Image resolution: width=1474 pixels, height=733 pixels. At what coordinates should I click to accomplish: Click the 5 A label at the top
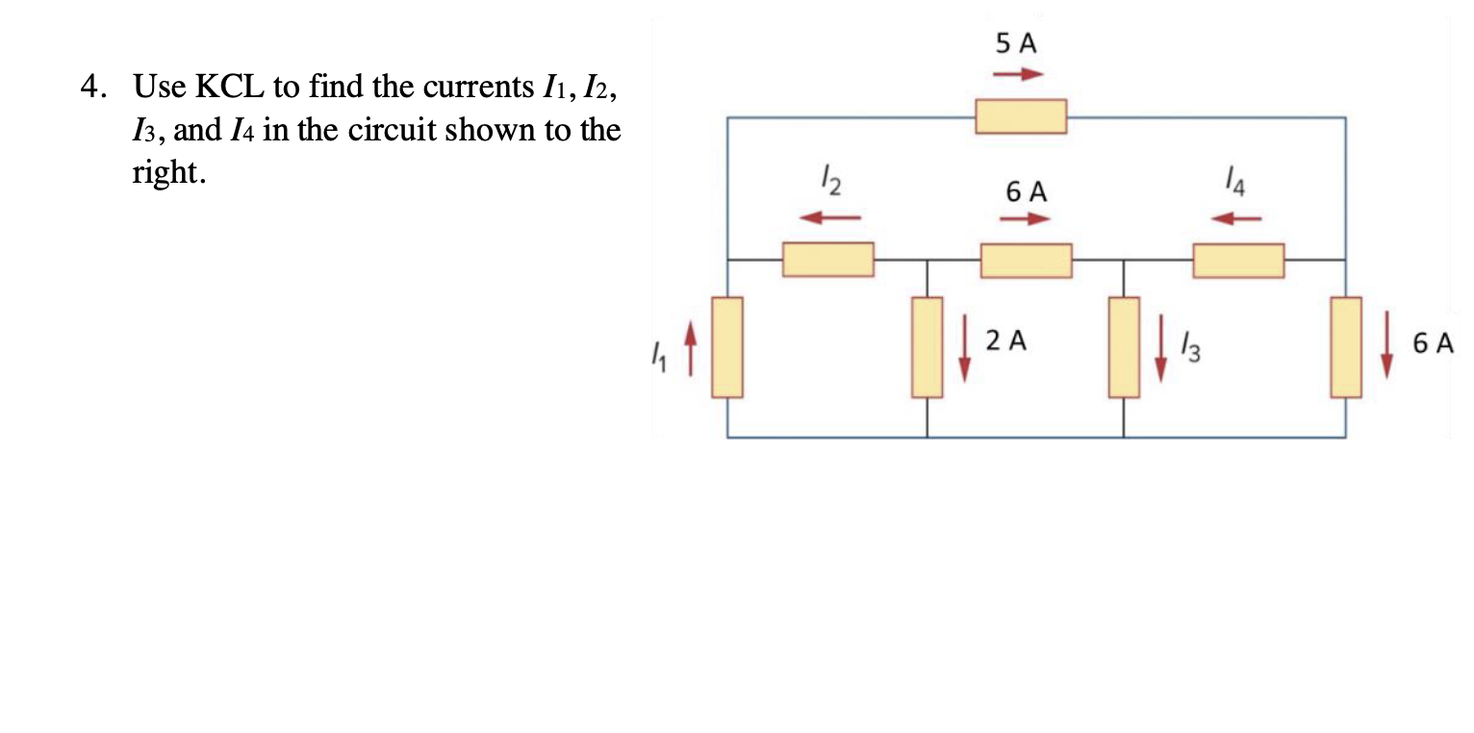(x=1017, y=44)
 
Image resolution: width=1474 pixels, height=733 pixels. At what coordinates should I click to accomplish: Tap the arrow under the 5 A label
(x=1018, y=74)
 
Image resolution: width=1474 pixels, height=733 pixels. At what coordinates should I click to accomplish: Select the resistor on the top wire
(x=1020, y=116)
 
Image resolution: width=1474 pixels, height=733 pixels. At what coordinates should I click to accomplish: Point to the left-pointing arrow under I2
(x=829, y=217)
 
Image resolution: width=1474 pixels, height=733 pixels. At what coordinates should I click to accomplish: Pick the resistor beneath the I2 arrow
(x=827, y=260)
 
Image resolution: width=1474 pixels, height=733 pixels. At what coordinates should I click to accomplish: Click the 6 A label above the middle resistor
(x=1027, y=191)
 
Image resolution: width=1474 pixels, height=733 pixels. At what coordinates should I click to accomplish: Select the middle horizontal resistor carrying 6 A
(x=1026, y=261)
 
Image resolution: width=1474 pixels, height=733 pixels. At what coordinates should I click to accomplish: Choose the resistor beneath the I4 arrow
(x=1238, y=261)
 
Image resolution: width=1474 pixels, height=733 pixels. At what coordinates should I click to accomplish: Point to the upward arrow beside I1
(x=688, y=348)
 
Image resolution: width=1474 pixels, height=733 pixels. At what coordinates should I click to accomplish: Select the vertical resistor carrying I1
(x=727, y=347)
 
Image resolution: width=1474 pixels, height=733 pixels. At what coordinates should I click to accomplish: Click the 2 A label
(x=1006, y=340)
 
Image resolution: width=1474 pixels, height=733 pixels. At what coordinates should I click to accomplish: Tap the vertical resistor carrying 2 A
(x=928, y=347)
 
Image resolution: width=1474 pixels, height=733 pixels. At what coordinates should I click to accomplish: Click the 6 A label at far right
(x=1434, y=343)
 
